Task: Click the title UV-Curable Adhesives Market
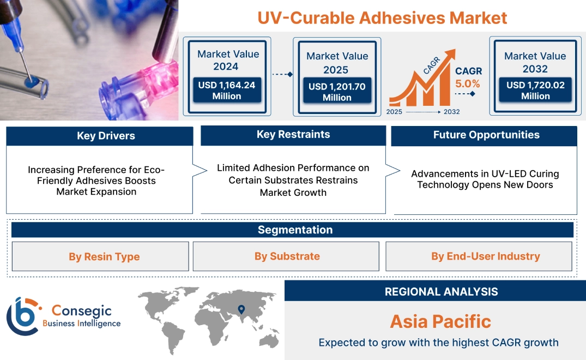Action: (382, 18)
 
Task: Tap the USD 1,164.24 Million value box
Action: (227, 90)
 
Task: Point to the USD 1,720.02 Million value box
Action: (535, 89)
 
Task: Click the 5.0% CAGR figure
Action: (468, 84)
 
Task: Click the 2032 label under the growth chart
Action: (451, 112)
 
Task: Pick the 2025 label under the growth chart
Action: (394, 112)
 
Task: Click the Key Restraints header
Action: (293, 135)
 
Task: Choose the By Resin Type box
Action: (100, 256)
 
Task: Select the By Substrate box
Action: (286, 256)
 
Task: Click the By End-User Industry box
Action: (479, 256)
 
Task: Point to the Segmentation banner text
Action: (295, 230)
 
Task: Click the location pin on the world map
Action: (241, 309)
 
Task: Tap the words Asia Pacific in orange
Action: (440, 321)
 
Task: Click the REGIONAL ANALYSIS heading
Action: (442, 292)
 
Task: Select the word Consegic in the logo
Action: (81, 311)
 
